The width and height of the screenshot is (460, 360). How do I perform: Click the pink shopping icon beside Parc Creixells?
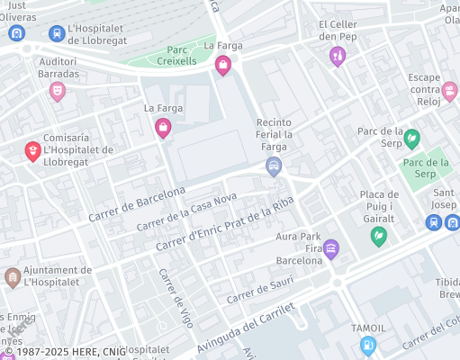point(222,64)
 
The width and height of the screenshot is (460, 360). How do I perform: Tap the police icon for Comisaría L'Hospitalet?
point(32,150)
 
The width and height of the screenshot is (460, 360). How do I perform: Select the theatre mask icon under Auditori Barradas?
point(58,90)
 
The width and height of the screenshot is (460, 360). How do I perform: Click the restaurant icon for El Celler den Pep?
point(338,56)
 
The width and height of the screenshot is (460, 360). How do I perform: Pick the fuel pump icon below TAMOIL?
point(368,345)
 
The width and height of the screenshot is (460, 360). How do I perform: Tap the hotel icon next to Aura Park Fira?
point(331,248)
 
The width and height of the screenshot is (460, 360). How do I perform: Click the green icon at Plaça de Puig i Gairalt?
point(379,236)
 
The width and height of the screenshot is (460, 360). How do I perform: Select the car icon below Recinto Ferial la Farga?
point(274,166)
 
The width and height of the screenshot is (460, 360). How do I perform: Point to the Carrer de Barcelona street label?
point(137,205)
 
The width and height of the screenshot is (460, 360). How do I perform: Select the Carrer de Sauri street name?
point(260,292)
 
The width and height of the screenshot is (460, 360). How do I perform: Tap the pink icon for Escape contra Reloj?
point(449,90)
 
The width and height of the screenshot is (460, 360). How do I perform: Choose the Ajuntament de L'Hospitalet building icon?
point(13,275)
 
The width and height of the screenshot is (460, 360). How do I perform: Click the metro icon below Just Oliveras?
point(15,33)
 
